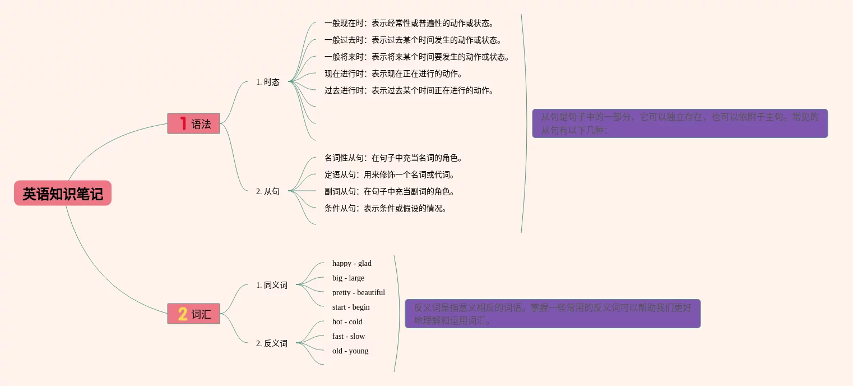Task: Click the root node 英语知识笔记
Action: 63,194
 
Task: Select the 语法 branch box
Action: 194,123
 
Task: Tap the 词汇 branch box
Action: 194,314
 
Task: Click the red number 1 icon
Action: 182,123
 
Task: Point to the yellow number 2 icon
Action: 183,314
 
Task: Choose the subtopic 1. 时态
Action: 268,82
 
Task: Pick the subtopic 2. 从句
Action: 268,191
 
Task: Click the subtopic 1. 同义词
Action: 272,285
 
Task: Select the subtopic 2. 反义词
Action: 272,343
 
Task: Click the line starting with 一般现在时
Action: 409,24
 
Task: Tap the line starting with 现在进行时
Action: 393,73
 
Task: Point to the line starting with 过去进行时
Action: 409,90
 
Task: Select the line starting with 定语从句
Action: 389,174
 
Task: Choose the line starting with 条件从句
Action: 385,208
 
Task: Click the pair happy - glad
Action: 352,263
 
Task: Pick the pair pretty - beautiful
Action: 359,292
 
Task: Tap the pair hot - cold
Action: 347,321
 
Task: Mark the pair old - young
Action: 350,351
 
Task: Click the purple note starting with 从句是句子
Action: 679,123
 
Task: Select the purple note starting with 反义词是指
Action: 553,314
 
